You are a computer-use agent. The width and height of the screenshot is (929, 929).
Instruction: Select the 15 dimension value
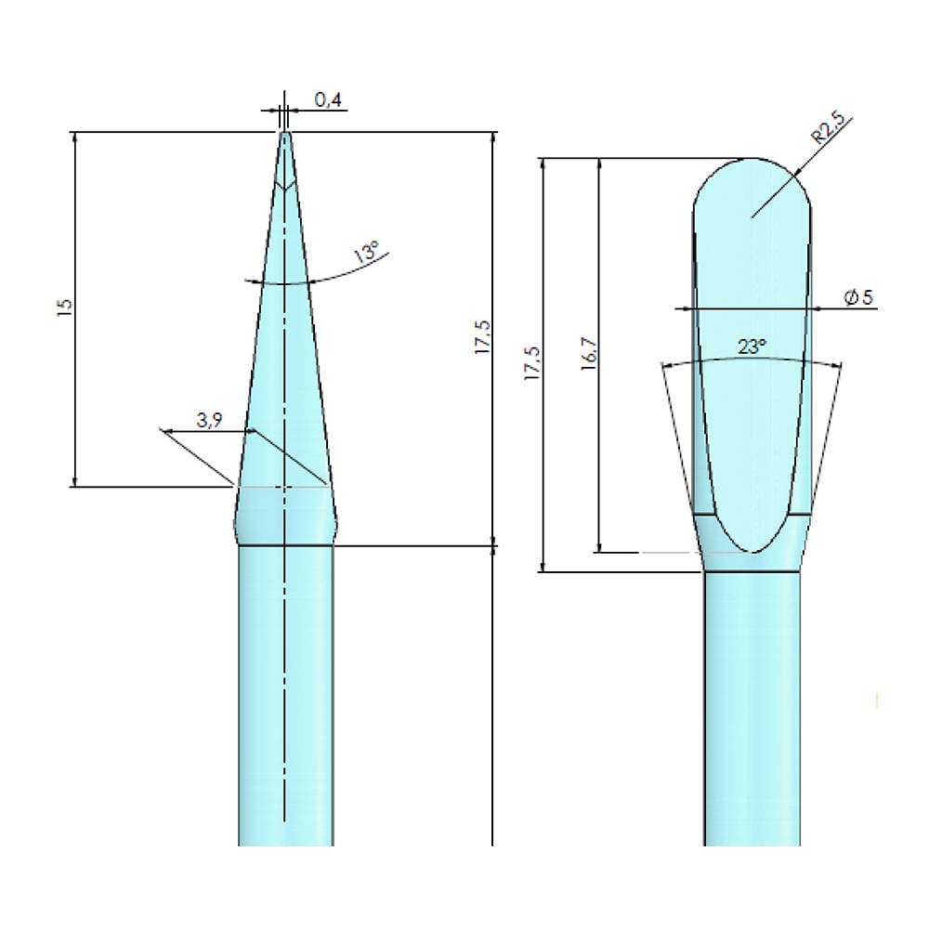(x=64, y=308)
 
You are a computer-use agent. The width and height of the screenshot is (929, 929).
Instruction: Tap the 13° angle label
(x=367, y=253)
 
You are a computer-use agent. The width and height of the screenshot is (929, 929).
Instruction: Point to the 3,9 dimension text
(x=209, y=420)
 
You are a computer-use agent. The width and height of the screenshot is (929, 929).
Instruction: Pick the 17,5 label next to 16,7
(x=530, y=365)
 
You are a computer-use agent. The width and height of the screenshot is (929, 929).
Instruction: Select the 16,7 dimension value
(x=588, y=354)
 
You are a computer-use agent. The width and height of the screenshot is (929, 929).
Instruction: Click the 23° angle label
(x=752, y=347)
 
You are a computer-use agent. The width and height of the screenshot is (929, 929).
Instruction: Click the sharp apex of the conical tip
(x=284, y=133)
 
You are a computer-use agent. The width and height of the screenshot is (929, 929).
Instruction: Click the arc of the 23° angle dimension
(x=706, y=361)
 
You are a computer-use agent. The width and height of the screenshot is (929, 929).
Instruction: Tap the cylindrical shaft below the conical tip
(x=285, y=697)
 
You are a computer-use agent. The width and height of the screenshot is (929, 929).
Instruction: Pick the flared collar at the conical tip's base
(x=285, y=516)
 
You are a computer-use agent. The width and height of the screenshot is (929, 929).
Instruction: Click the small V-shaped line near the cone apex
(x=284, y=186)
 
